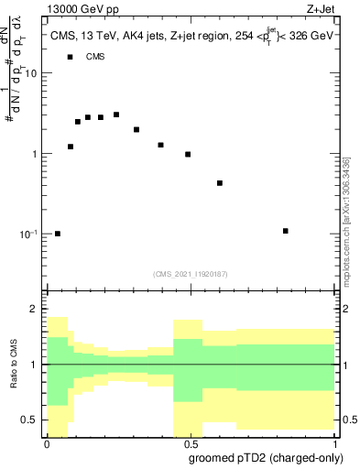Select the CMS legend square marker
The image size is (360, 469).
tap(70, 57)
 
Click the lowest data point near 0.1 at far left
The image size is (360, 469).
tap(58, 234)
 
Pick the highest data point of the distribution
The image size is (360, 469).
tap(116, 115)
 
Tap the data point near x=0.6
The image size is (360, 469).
tap(220, 183)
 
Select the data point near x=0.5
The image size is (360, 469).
tap(188, 155)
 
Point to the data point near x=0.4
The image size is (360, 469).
tap(160, 145)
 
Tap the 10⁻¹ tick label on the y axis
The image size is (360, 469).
tap(29, 234)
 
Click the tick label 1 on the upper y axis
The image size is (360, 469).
tap(36, 154)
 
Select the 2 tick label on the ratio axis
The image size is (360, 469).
tap(36, 310)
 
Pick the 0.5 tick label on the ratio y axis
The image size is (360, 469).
tap(31, 420)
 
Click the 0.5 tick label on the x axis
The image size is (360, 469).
tap(191, 445)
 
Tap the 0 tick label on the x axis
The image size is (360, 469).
tap(47, 445)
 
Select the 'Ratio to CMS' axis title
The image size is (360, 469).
tap(14, 365)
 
